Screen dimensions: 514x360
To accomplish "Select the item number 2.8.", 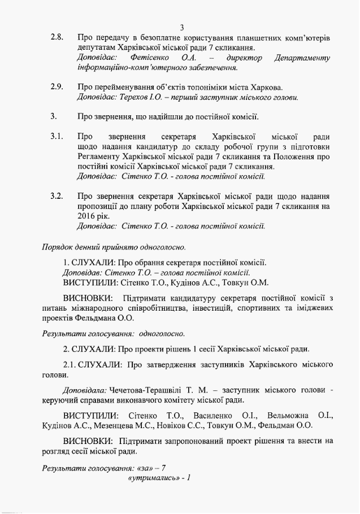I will pos(57,38).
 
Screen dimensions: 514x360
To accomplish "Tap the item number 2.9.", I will pos(57,87).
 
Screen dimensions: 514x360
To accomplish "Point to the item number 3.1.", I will pos(57,137).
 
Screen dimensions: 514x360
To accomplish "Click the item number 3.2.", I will pos(57,197).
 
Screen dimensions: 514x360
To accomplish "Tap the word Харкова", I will pos(264,87).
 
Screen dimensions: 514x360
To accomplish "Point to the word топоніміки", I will pos(203,87).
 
